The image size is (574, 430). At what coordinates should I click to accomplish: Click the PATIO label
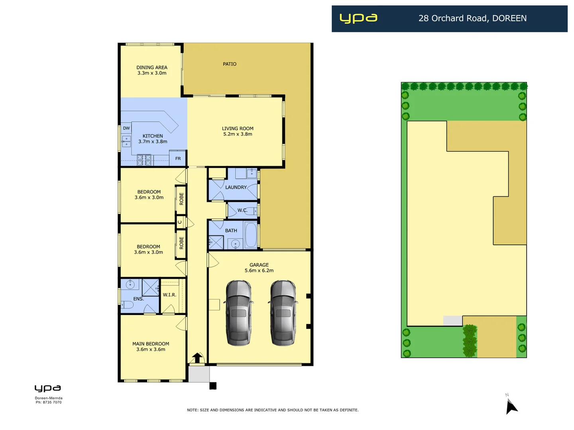[x=230, y=64]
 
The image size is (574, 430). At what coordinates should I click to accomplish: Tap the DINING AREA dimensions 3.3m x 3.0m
[x=152, y=73]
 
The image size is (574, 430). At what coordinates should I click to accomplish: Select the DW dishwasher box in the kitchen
[x=126, y=128]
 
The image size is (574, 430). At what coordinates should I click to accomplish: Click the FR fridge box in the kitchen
[x=178, y=158]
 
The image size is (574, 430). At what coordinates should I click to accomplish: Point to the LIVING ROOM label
[x=238, y=129]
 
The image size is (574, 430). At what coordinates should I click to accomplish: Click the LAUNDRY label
[x=236, y=188]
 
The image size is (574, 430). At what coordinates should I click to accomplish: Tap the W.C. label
[x=242, y=210]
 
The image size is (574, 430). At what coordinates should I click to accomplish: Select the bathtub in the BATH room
[x=251, y=235]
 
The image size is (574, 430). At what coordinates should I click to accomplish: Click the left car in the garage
[x=238, y=313]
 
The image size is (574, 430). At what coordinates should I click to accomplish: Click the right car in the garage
[x=283, y=313]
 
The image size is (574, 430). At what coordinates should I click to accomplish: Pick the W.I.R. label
[x=169, y=295]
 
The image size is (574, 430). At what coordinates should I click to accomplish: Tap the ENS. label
[x=138, y=299]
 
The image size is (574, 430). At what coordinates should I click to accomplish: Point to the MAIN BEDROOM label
[x=151, y=344]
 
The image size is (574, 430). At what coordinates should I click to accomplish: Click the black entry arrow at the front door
[x=197, y=357]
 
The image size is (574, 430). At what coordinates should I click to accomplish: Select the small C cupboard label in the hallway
[x=180, y=222]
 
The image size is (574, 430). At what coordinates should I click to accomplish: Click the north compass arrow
[x=511, y=407]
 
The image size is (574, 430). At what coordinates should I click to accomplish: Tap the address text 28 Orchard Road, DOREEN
[x=472, y=18]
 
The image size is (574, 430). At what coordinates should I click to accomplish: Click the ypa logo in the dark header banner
[x=358, y=18]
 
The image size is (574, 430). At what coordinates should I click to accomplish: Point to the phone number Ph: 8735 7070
[x=49, y=403]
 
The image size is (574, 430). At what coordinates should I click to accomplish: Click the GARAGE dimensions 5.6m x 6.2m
[x=259, y=271]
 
